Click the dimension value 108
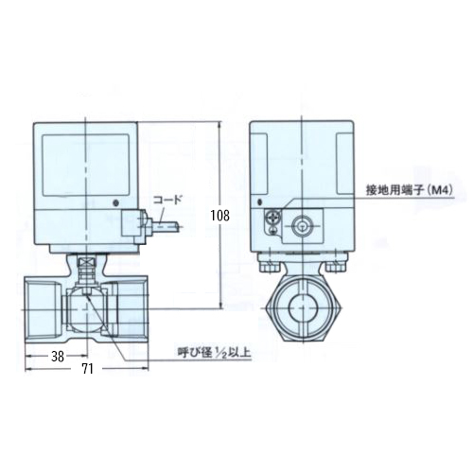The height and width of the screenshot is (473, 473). coord(220,216)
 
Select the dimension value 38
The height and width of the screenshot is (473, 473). coord(58,357)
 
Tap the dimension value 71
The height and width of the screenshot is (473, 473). coord(87,369)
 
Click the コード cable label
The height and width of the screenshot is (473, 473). coord(167,200)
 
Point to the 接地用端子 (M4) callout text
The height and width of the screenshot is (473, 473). coord(410,190)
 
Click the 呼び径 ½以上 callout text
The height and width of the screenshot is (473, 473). coord(214,352)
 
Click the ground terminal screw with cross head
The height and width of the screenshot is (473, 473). coord(272,218)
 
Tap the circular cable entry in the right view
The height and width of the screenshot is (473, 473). coord(302,226)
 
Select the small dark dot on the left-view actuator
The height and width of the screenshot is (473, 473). coord(116,202)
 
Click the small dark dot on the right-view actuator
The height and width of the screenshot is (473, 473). coord(260,201)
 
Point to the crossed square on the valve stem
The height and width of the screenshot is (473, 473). coord(86,261)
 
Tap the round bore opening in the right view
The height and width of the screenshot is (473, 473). coord(302,307)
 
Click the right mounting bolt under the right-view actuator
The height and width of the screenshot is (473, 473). coord(335,267)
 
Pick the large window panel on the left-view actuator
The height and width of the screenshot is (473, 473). coord(86,166)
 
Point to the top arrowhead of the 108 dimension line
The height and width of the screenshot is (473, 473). coord(220,125)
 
